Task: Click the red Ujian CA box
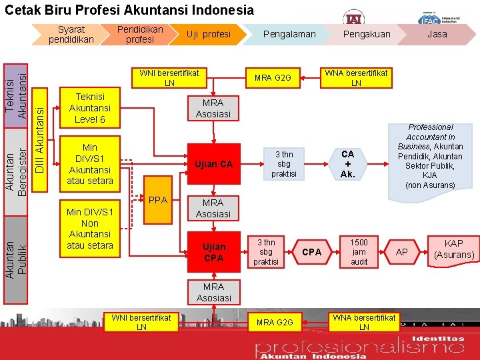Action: pos(213,164)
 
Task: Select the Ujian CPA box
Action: pos(213,252)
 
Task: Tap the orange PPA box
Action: pos(157,200)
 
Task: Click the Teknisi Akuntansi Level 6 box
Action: pos(90,108)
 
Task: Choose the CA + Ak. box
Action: pos(347,164)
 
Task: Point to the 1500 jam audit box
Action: pos(359,252)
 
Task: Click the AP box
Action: pos(402,253)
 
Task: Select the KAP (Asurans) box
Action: pos(454,249)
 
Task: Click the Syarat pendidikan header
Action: pos(71,34)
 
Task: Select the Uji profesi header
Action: pos(208,34)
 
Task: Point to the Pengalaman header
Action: pos(289,34)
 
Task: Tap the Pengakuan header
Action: pos(366,34)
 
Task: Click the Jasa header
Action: pos(437,34)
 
